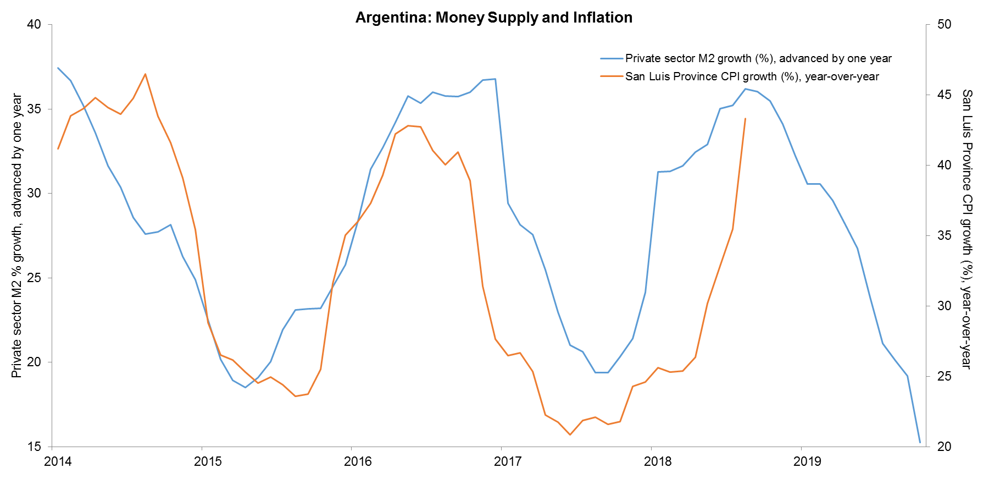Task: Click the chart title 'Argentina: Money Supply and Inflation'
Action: tap(493, 18)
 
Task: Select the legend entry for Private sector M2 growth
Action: tap(758, 58)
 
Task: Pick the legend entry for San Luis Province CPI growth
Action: tap(752, 76)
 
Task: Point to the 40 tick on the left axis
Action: tap(34, 25)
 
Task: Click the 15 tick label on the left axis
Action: tap(34, 447)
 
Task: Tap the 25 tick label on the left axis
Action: tap(34, 278)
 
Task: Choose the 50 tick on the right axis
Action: tap(944, 25)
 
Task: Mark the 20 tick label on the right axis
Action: tap(944, 447)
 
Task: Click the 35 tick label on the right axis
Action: tap(944, 235)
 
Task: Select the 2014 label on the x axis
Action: tap(58, 461)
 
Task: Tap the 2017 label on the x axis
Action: tap(508, 461)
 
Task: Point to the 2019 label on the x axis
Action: tap(807, 461)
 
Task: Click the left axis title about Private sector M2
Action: tap(17, 235)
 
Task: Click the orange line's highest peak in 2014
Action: tap(145, 74)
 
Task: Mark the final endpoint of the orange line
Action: tap(745, 118)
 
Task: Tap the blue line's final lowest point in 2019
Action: tap(920, 442)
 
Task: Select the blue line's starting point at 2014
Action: tap(58, 68)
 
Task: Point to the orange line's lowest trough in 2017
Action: tap(570, 434)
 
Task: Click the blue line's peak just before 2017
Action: tap(495, 79)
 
